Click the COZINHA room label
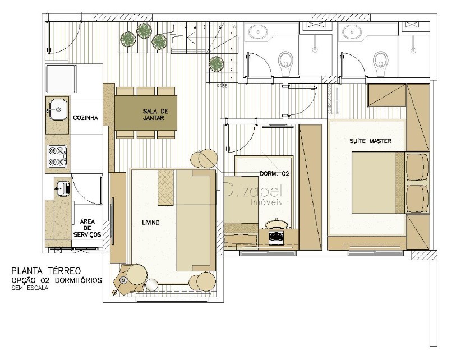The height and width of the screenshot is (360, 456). click(85, 118)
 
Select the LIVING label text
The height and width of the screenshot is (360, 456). click(151, 223)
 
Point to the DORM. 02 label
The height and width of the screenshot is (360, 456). click(274, 174)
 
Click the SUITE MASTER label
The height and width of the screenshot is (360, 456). click(370, 141)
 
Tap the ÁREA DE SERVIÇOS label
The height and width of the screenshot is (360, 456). click(87, 228)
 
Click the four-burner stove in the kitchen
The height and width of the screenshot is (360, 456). click(57, 156)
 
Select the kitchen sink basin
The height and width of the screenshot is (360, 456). click(58, 110)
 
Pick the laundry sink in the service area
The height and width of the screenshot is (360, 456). click(62, 187)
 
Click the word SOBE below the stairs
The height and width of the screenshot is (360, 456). click(222, 86)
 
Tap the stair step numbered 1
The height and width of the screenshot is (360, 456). click(232, 79)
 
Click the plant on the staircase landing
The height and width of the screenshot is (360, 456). click(216, 63)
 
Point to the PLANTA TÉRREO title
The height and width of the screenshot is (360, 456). click(46, 271)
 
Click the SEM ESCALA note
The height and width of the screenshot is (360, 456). click(30, 288)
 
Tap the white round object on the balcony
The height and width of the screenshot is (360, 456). click(151, 285)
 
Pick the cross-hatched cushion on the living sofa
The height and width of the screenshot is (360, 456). click(166, 187)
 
